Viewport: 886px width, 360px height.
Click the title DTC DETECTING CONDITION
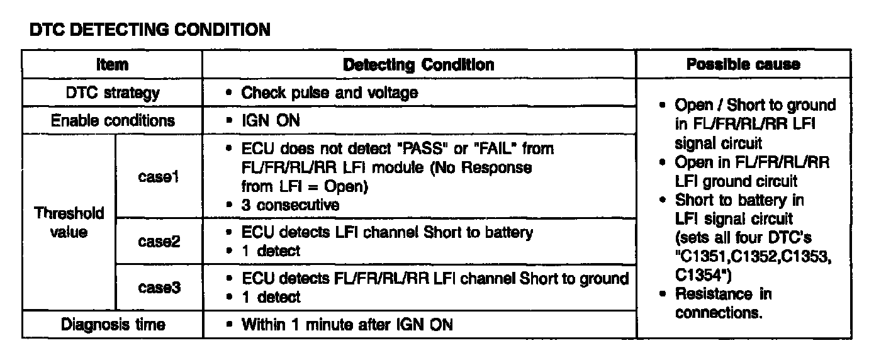coord(150,30)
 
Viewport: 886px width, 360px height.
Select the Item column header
coord(113,65)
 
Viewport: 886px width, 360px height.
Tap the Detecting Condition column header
coord(418,65)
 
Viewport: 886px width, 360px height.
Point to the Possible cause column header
coord(743,64)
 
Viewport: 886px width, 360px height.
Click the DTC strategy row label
coord(113,93)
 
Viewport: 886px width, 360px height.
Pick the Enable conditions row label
coord(113,120)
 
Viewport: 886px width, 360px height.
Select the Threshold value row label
coord(69,222)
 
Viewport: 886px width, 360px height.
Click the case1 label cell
coord(159,177)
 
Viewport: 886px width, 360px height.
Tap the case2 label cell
coord(159,241)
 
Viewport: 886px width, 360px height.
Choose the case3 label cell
coord(159,287)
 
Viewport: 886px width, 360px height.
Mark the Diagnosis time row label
coord(113,325)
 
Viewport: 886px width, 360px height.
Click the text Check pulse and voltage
coord(330,93)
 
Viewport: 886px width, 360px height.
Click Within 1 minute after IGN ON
coord(347,325)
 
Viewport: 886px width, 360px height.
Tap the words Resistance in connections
coord(722,303)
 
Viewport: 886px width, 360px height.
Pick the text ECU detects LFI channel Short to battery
coord(387,232)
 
